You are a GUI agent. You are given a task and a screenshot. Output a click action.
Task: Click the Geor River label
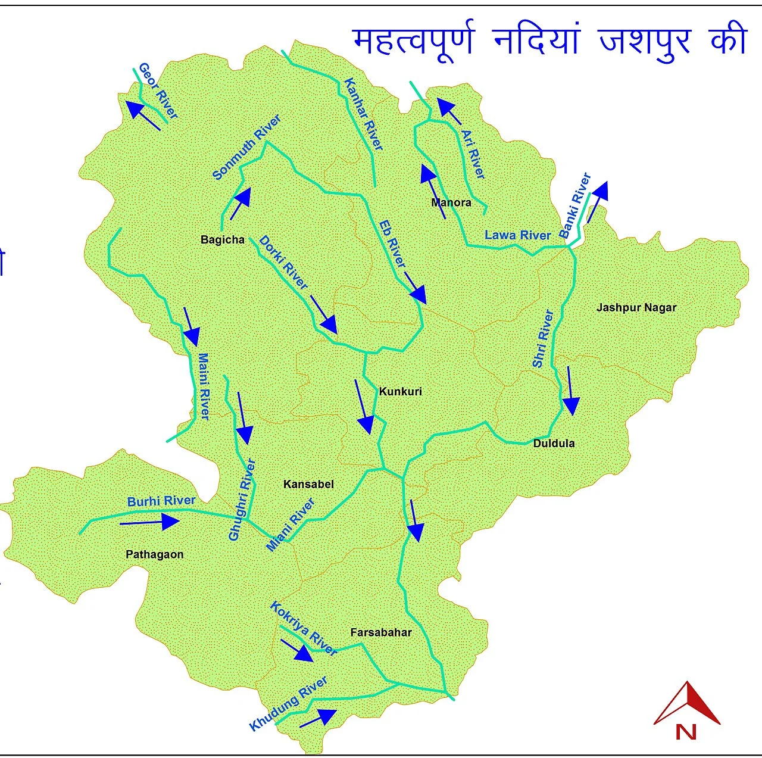[x=158, y=91]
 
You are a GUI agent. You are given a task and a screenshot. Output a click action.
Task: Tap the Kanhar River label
[x=363, y=114]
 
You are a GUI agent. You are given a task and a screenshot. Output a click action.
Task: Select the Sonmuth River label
[x=246, y=148]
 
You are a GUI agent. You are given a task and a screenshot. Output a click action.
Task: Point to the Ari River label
[x=473, y=154]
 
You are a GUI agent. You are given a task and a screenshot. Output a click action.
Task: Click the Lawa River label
[x=517, y=235]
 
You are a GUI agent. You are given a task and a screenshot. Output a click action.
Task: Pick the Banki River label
[x=575, y=205]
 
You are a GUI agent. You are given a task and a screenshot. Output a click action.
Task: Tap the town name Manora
[x=451, y=202]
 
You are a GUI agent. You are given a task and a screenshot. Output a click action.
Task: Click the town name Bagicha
[x=223, y=239]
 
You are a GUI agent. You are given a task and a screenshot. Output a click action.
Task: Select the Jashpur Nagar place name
[x=636, y=308]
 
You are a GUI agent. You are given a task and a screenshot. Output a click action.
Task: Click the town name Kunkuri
[x=400, y=391]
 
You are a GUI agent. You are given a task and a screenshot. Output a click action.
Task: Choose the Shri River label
[x=543, y=338]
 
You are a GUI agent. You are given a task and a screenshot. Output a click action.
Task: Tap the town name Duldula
[x=554, y=443]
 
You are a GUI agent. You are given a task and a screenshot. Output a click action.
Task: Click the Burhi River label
[x=161, y=501]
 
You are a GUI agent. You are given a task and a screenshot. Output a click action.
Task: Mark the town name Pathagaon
[x=155, y=554]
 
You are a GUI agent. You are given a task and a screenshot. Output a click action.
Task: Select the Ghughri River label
[x=242, y=499]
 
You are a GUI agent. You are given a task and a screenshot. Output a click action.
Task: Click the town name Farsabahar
[x=381, y=632]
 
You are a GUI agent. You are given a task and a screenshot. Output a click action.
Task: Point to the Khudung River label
[x=288, y=703]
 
